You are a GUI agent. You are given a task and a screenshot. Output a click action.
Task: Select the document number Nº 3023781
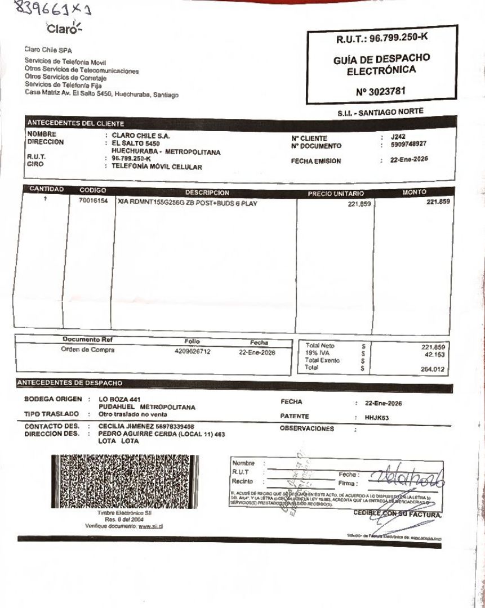tap(381, 91)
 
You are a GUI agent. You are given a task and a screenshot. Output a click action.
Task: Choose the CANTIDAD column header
tap(46, 190)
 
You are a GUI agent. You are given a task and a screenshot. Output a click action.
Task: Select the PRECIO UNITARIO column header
tap(335, 194)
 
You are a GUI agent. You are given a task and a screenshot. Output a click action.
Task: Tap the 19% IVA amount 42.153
tap(434, 354)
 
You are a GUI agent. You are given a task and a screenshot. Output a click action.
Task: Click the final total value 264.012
tap(434, 369)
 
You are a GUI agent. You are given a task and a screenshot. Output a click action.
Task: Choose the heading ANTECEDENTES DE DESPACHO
tap(70, 383)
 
